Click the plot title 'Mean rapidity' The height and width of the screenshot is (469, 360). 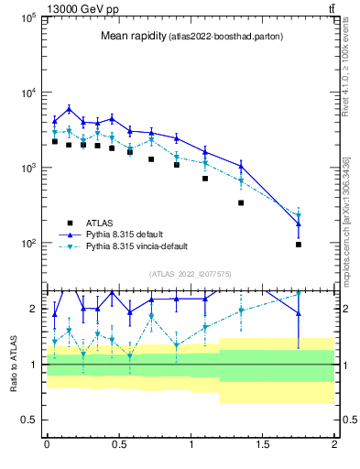point(132,37)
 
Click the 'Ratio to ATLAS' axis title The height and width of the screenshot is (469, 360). point(12,365)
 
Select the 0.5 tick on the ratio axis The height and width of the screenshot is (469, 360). point(29,420)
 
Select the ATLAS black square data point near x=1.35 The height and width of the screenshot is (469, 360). point(241,202)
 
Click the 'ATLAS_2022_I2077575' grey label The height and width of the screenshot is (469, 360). point(191,273)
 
